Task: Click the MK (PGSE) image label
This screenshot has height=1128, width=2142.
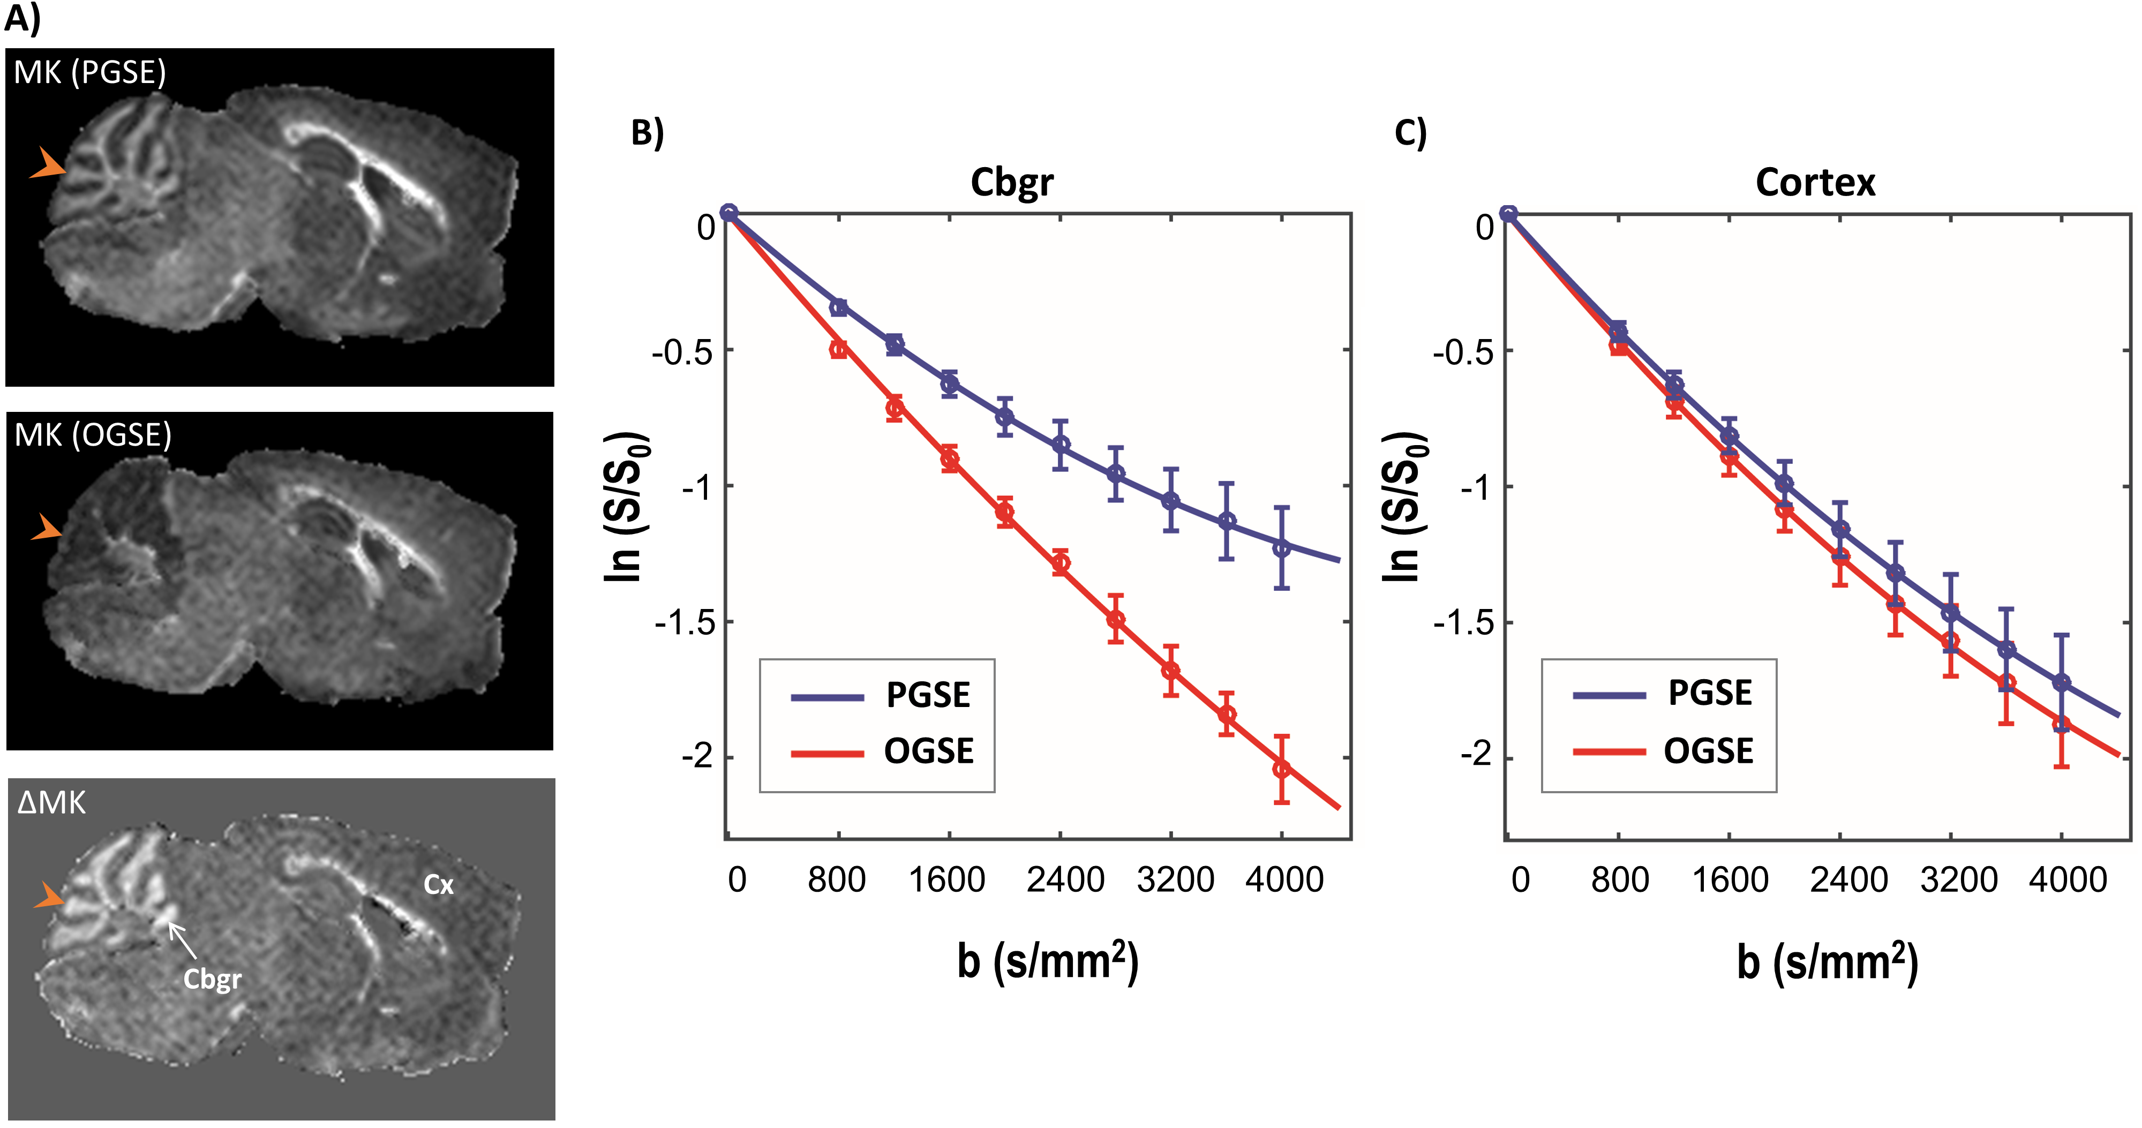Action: click(x=90, y=73)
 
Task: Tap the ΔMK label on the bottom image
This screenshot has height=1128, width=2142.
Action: click(x=51, y=803)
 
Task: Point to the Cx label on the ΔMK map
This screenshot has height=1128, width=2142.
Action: click(x=438, y=884)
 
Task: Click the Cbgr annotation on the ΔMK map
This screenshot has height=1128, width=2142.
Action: click(x=212, y=979)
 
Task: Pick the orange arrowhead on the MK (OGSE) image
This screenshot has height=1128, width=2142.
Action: click(x=47, y=527)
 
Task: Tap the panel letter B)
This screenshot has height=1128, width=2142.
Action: click(x=647, y=133)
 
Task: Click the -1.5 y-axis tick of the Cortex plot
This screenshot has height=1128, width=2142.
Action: click(x=1462, y=622)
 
